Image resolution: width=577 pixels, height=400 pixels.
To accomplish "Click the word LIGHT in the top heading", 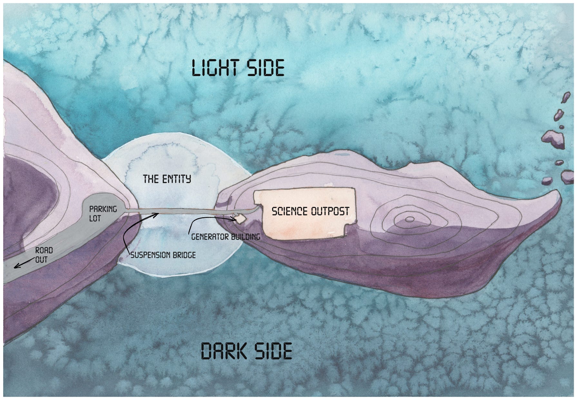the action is pyautogui.click(x=215, y=68).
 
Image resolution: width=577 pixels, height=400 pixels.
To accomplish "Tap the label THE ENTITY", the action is pyautogui.click(x=167, y=179).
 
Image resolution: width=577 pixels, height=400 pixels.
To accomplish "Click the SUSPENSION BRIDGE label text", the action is pyautogui.click(x=163, y=255).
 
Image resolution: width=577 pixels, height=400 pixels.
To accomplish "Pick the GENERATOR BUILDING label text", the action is pyautogui.click(x=226, y=237).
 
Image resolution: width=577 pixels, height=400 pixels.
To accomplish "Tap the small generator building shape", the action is pyautogui.click(x=240, y=219).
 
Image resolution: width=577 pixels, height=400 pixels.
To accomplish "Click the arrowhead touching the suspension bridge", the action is pyautogui.click(x=157, y=213).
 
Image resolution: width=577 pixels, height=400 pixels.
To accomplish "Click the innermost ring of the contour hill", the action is pyautogui.click(x=409, y=219).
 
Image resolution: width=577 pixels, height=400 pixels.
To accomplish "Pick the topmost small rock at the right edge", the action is pyautogui.click(x=566, y=97).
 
